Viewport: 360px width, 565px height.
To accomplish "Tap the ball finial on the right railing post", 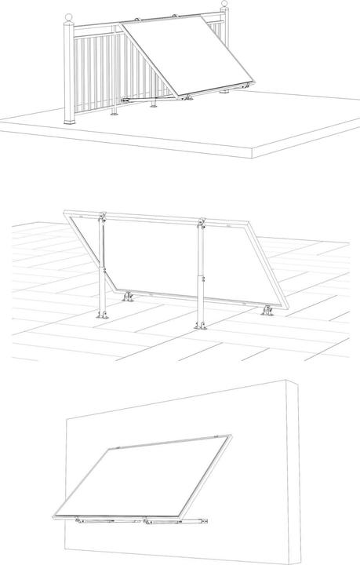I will point(227,8).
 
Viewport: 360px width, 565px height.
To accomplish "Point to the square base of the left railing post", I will point(71,118).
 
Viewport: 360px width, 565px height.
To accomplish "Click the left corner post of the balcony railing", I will point(70,71).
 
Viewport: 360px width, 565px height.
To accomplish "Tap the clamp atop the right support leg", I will point(201,225).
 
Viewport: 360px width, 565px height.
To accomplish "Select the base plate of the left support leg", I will point(100,315).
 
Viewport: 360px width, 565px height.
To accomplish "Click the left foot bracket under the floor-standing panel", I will point(128,298).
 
